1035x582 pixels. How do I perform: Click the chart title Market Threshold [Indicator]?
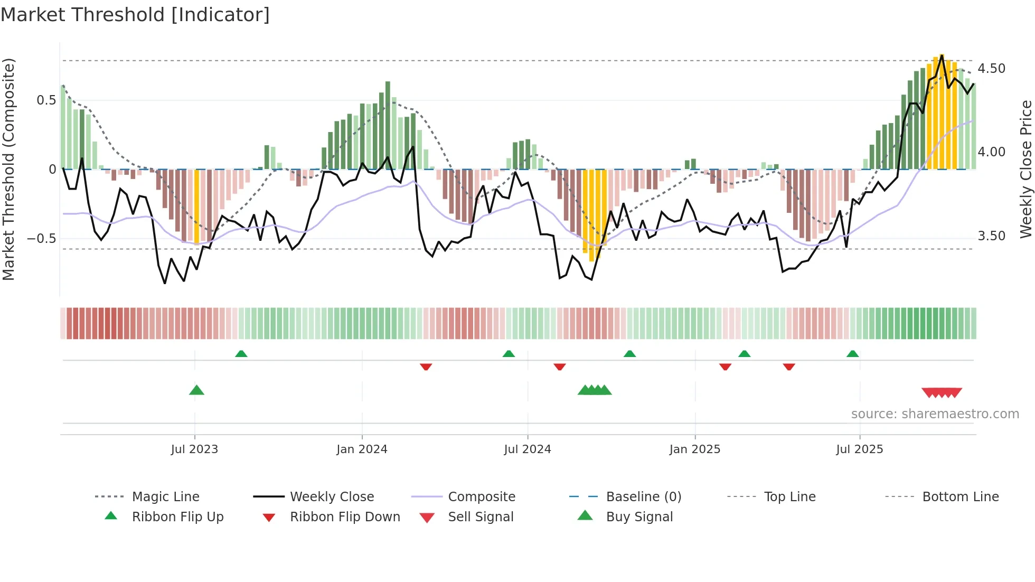point(135,15)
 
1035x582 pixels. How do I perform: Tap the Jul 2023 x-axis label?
point(194,449)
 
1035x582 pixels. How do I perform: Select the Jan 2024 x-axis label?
point(362,449)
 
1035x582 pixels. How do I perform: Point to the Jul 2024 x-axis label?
point(527,449)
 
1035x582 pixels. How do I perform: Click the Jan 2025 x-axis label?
point(694,449)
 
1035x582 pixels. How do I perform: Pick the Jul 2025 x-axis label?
point(859,449)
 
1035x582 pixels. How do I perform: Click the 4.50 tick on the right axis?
point(991,69)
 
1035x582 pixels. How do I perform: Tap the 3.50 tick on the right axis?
point(991,236)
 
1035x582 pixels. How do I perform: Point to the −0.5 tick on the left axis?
point(41,238)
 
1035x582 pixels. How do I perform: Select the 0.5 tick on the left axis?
point(46,100)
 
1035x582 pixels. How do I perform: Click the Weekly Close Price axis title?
point(1025,169)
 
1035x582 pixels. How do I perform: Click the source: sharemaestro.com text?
point(935,414)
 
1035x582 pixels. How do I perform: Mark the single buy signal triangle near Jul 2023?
point(196,390)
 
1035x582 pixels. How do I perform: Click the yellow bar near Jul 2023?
point(197,206)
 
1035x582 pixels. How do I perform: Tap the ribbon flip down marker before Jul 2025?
point(789,367)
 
